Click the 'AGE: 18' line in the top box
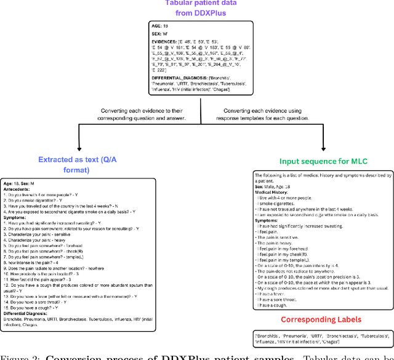[162, 27]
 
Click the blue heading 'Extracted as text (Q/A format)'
[63, 165]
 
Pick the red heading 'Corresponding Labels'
[321, 319]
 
